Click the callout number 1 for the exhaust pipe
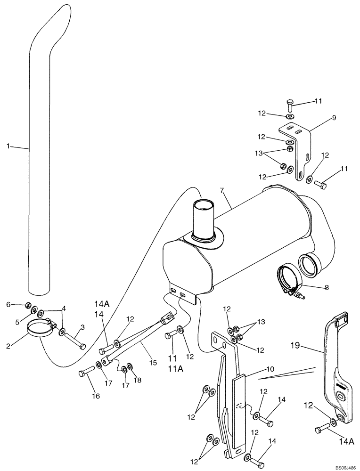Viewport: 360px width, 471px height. [8, 146]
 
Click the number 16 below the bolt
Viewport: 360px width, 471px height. [96, 397]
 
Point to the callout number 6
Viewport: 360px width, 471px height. [8, 305]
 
